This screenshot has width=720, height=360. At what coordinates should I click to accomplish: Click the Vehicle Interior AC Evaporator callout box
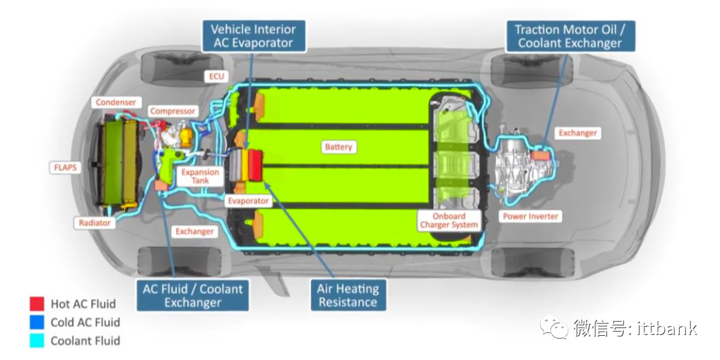click(x=253, y=36)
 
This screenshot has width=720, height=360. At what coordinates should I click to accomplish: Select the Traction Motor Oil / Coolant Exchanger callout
click(x=568, y=36)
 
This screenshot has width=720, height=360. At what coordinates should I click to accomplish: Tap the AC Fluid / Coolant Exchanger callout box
click(x=192, y=295)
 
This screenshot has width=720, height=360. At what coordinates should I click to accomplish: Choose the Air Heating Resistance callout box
click(x=348, y=295)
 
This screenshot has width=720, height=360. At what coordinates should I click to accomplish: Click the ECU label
click(x=217, y=76)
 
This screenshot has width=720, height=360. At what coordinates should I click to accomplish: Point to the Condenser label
click(x=116, y=102)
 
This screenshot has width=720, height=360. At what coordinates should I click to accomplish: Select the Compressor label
click(x=173, y=111)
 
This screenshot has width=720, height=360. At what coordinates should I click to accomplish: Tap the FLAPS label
click(x=68, y=167)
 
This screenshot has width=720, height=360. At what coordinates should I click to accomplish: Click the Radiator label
click(x=95, y=223)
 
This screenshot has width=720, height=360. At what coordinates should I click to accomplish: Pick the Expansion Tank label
click(x=200, y=176)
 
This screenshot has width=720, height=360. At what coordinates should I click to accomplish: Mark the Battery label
click(x=339, y=147)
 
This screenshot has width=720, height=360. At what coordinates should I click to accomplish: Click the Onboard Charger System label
click(x=449, y=220)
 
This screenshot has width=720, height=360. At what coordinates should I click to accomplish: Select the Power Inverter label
click(x=530, y=217)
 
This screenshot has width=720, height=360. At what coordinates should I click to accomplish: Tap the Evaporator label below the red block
click(x=248, y=201)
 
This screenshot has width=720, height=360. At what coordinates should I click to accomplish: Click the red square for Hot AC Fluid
click(x=37, y=304)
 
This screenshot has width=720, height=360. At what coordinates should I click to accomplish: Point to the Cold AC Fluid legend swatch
click(x=37, y=322)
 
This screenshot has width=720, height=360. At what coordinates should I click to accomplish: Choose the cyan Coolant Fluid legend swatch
click(x=37, y=340)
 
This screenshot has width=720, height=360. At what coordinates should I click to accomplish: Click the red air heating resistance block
click(x=254, y=165)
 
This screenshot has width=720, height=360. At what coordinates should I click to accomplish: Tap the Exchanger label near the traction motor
click(x=577, y=133)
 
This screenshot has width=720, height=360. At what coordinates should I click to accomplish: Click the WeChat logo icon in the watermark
click(x=555, y=328)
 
